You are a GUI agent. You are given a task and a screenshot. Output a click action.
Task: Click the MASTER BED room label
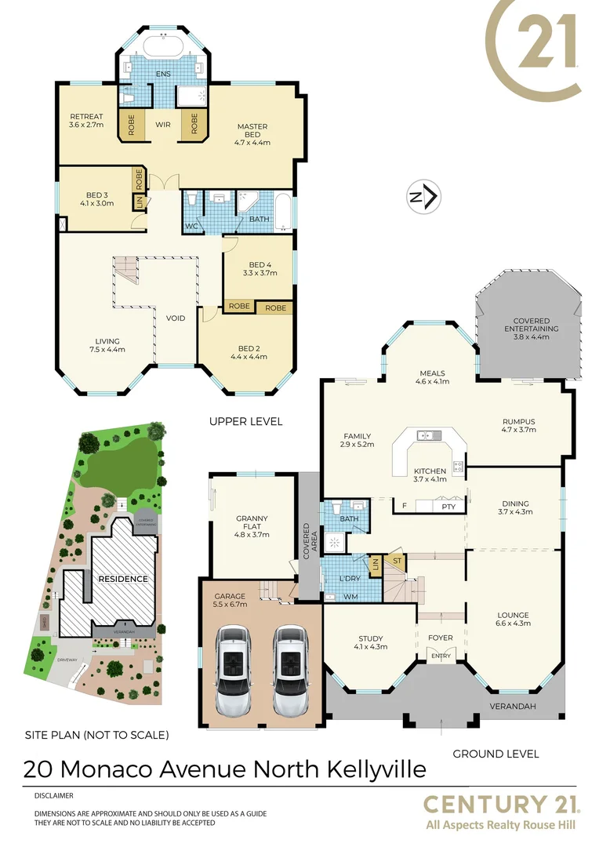click(252, 134)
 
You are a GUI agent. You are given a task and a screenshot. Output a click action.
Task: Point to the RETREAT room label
click(86, 121)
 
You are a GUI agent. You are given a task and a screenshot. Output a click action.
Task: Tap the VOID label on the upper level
click(176, 318)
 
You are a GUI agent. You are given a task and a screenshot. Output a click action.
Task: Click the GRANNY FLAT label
click(252, 526)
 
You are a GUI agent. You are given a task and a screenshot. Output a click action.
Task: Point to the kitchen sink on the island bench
click(428, 435)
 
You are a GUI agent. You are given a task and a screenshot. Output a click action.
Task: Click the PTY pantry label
click(448, 507)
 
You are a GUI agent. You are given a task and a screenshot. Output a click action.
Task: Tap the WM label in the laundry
click(351, 597)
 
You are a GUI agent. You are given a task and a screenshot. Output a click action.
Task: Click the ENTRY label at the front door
click(441, 656)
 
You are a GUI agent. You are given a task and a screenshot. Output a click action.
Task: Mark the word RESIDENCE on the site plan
click(122, 579)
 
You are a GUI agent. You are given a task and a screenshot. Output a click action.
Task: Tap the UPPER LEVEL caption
click(245, 422)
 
